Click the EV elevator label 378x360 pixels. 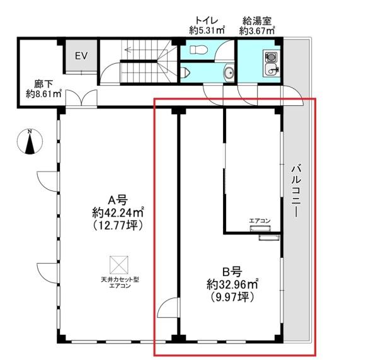pos(81,56)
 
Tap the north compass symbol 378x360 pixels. pos(30,142)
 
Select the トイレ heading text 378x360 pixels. pos(207,20)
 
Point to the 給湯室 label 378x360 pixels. pos(257,21)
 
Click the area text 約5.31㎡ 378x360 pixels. pos(207,30)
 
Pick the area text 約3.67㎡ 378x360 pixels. pos(257,31)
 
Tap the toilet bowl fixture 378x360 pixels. pos(198,50)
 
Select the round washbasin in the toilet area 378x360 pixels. pos(229,72)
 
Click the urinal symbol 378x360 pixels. pos(185,72)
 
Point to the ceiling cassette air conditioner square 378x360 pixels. pos(119,265)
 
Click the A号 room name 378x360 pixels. pos(118,200)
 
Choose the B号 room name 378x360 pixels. pos(232,272)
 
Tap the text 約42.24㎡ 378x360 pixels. pos(118,212)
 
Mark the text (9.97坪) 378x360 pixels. pos(232,296)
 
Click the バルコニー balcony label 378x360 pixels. pos(296,190)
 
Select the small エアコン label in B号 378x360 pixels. pos(260,221)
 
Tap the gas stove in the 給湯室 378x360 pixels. pos(271,57)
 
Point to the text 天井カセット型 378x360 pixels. pos(120,280)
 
